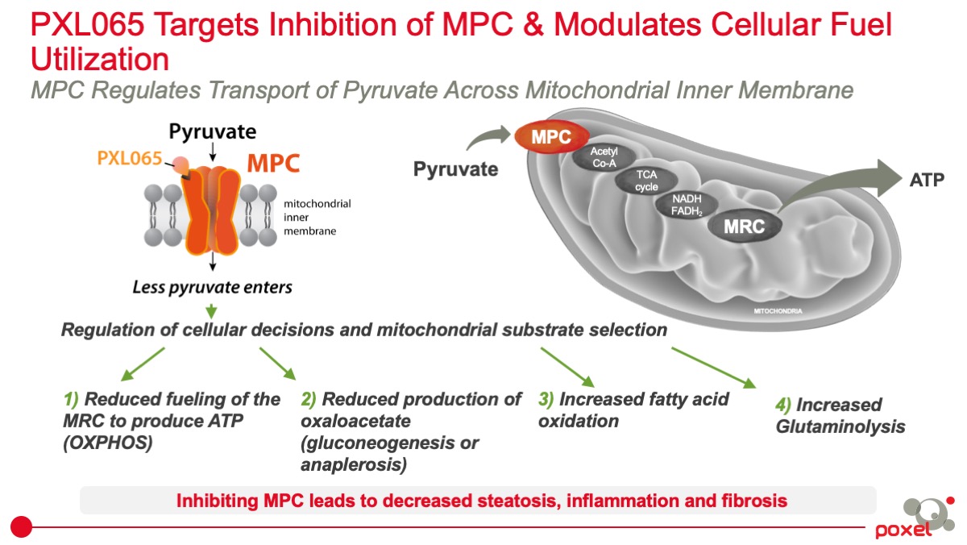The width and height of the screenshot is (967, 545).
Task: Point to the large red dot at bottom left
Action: coord(22,527)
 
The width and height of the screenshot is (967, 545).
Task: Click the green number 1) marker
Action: coord(72,399)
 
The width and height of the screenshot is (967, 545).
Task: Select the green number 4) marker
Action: coord(783,405)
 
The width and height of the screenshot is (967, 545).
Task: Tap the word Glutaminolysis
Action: coord(840,426)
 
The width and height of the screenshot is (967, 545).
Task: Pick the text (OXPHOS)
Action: coord(107,443)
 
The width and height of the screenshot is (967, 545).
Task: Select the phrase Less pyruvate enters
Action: coord(213,286)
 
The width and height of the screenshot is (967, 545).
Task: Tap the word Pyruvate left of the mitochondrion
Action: coord(455,169)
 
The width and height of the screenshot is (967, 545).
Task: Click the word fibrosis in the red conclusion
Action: coord(755,501)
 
